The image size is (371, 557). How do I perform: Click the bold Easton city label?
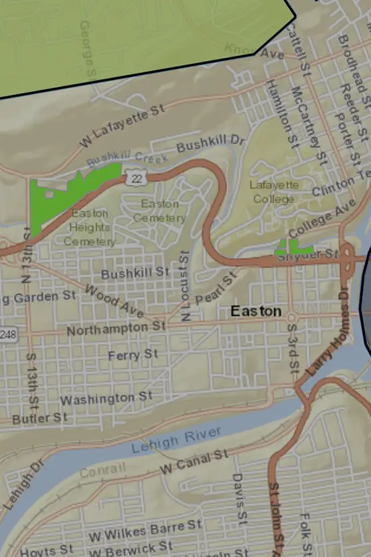pyautogui.click(x=256, y=311)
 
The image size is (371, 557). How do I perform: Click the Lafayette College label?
pyautogui.click(x=274, y=192)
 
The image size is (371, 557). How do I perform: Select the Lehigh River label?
pyautogui.click(x=176, y=440)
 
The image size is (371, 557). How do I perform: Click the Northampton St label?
pyautogui.click(x=116, y=328)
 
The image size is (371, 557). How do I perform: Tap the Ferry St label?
pyautogui.click(x=133, y=355)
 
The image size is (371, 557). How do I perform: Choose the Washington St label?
pyautogui.click(x=106, y=398)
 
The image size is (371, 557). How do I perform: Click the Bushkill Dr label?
pyautogui.click(x=211, y=142)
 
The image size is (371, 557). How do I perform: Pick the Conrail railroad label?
pyautogui.click(x=102, y=471)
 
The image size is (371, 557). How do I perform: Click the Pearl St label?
pyautogui.click(x=216, y=287)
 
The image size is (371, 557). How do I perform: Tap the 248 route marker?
pyautogui.click(x=7, y=333)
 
